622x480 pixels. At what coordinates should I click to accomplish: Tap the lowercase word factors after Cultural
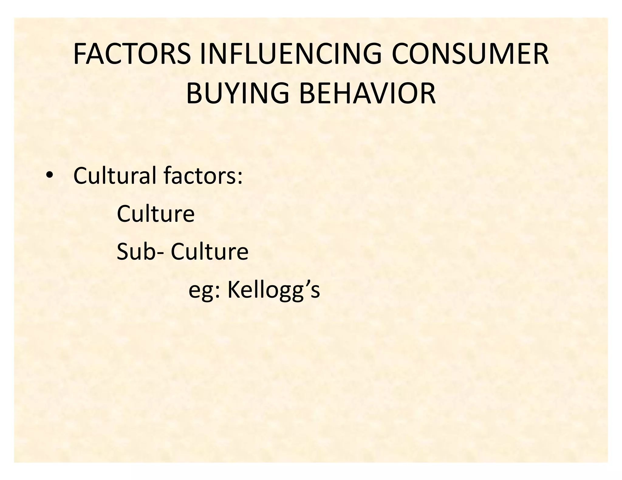[x=198, y=176]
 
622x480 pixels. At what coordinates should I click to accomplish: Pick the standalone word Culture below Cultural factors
[x=155, y=214]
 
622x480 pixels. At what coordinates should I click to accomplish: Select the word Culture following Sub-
[x=210, y=252]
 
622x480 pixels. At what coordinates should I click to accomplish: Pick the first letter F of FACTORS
[x=79, y=54]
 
